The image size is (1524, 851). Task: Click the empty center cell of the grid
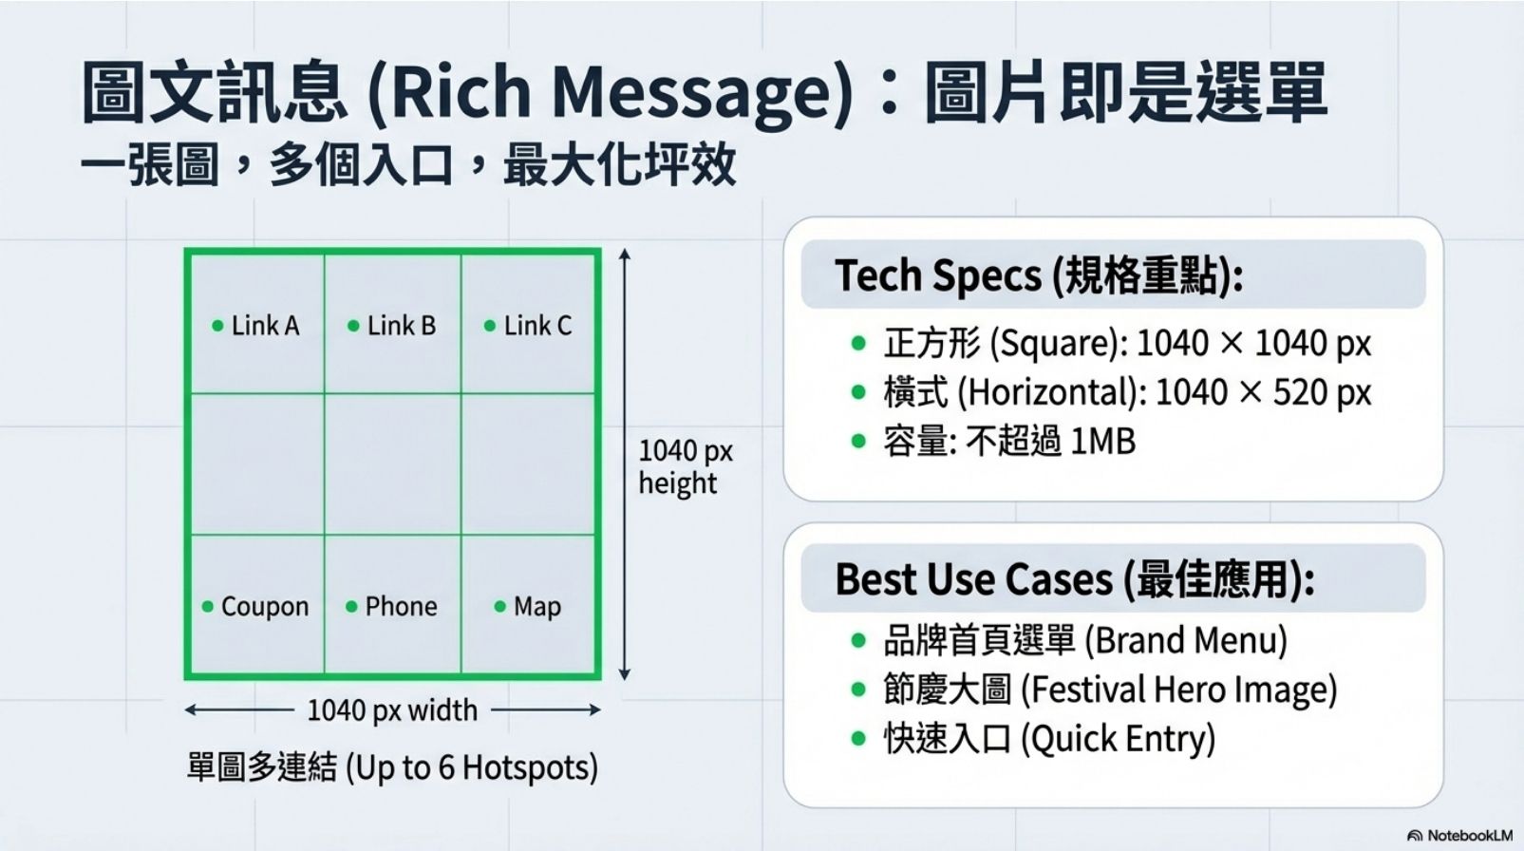(392, 463)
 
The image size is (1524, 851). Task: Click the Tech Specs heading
(1039, 275)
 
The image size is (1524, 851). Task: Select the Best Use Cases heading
(1074, 578)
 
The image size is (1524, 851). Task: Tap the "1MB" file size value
(1102, 441)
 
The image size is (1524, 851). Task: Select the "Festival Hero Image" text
(1184, 689)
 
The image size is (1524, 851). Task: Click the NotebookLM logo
(1459, 836)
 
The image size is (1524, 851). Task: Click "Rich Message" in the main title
(610, 93)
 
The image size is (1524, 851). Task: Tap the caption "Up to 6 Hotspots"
(472, 768)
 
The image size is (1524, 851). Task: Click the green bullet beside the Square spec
(858, 343)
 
